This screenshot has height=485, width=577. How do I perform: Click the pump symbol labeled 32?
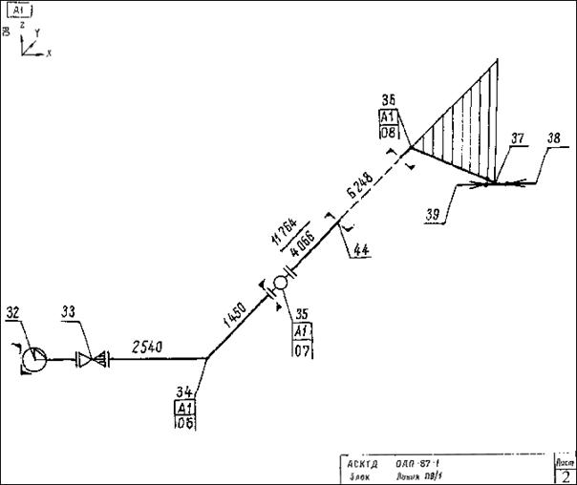pyautogui.click(x=33, y=359)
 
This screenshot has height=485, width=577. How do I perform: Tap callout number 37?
pyautogui.click(x=517, y=138)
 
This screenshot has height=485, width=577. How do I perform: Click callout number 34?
pyautogui.click(x=184, y=390)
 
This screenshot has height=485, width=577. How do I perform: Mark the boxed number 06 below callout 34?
pyautogui.click(x=185, y=425)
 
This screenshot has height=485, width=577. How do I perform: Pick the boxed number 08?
pyautogui.click(x=389, y=133)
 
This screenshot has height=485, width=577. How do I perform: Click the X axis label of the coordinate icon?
pyautogui.click(x=48, y=53)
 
